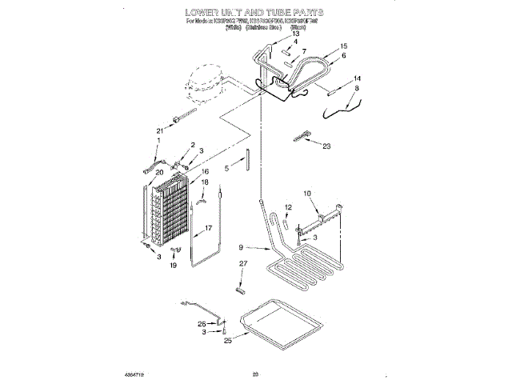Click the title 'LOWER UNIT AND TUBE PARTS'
click(x=254, y=13)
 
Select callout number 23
click(x=326, y=146)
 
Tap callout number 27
click(x=244, y=263)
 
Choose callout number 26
click(x=202, y=323)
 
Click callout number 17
click(x=210, y=228)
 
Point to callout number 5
click(x=226, y=168)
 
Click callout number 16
click(x=206, y=171)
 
